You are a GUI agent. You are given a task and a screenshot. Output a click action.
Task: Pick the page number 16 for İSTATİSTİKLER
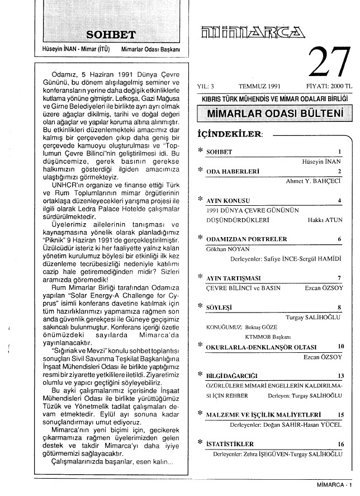point(341,444)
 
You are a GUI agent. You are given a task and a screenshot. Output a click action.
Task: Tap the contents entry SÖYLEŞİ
point(219,307)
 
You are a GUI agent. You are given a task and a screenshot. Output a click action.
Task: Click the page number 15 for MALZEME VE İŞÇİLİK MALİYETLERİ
point(341,414)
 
